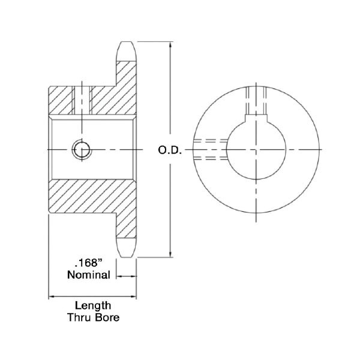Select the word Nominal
pos(88,275)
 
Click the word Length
pos(92,305)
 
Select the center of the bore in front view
pos(254,149)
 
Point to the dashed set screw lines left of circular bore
pos(210,149)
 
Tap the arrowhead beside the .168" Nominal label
pos(118,276)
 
